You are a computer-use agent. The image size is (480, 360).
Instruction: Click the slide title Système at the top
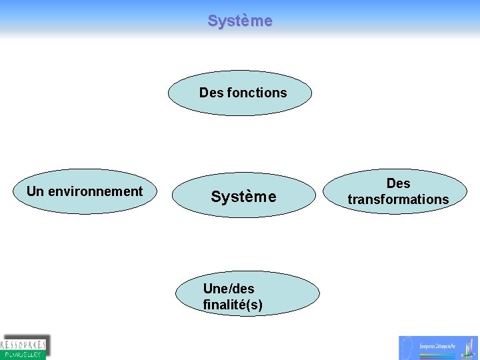pos(240,21)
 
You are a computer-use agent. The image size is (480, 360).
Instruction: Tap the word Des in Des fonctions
pos(211,93)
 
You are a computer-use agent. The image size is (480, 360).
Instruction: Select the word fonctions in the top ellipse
pos(257,93)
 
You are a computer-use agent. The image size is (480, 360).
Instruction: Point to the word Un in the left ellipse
pos(35,191)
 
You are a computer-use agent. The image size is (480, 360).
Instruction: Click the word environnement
pos(94,191)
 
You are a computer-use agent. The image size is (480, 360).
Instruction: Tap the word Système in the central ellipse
pos(243,197)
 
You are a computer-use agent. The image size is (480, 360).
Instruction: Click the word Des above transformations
pos(398,183)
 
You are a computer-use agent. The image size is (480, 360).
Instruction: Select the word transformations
pos(398,199)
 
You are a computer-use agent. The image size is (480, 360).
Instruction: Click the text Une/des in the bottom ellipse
pos(228,289)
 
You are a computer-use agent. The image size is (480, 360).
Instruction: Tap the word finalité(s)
pos(232,305)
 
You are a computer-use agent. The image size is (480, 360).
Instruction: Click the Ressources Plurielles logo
pos(25,347)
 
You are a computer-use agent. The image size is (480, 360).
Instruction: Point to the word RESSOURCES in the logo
pos(24,344)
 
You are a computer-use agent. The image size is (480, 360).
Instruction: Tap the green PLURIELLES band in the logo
pos(22,355)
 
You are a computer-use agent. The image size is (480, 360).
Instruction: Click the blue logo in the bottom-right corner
pos(439,347)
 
